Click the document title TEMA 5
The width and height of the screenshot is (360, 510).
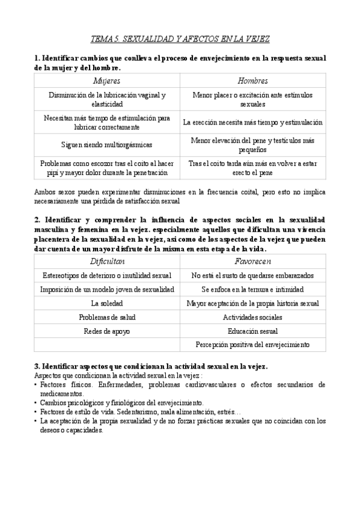tap(180, 39)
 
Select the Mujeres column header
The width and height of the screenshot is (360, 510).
tap(108, 81)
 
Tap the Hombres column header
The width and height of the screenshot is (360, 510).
tap(252, 81)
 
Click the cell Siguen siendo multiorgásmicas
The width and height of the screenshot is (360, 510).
tap(108, 144)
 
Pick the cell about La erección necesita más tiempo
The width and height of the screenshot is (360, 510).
tap(252, 122)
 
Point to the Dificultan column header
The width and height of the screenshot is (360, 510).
tap(108, 262)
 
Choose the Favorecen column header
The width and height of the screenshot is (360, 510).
tap(252, 262)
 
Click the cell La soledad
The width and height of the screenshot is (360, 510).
tap(108, 303)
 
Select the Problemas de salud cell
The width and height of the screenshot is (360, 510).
tap(108, 317)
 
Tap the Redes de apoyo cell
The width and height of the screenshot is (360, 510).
tap(108, 331)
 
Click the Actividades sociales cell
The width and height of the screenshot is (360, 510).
tap(252, 317)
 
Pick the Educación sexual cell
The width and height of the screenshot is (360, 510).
tap(252, 331)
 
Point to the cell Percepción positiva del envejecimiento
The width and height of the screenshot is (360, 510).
tap(252, 345)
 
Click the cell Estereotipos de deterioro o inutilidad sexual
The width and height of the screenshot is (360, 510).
tap(108, 275)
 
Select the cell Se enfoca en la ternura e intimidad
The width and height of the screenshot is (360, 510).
tap(252, 289)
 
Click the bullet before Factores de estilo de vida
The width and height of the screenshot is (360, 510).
tap(36, 412)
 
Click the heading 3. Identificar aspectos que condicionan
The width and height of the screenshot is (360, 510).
tap(151, 366)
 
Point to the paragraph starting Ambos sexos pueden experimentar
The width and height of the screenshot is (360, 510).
tap(180, 196)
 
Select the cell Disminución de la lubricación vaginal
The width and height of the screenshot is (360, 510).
tap(108, 99)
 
